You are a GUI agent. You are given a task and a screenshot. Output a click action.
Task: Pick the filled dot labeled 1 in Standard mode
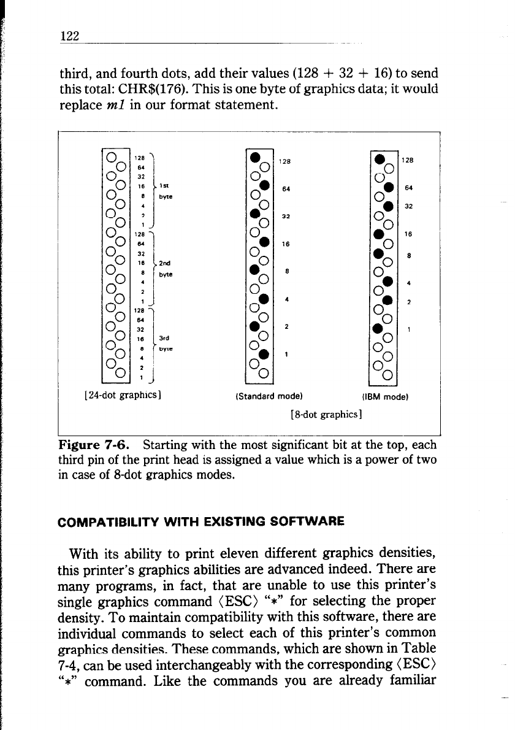264,354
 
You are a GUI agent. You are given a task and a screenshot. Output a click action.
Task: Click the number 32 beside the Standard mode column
286,217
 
